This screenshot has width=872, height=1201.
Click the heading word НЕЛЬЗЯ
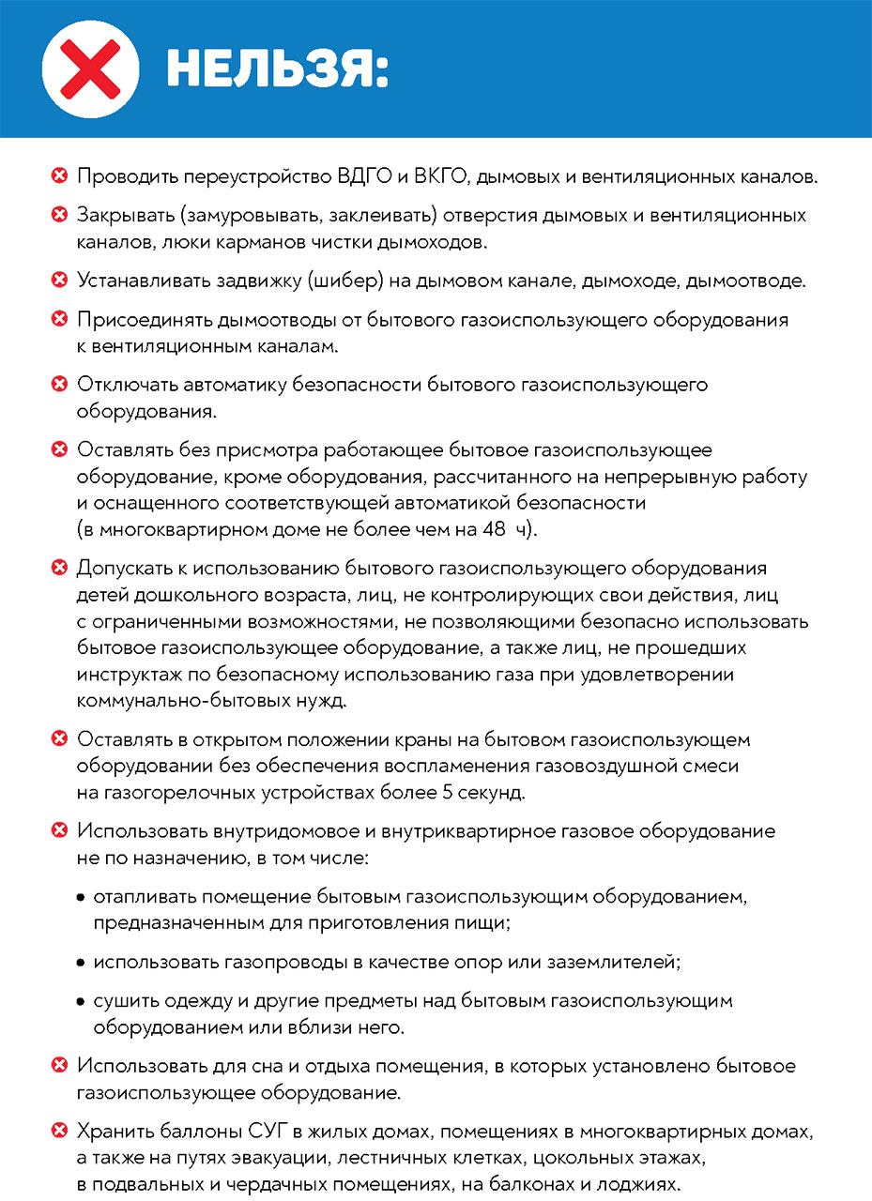pos(277,69)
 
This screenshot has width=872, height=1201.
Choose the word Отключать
pos(125,385)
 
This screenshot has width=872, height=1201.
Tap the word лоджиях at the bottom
pos(643,1182)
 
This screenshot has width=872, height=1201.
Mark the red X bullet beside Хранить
pos(59,1131)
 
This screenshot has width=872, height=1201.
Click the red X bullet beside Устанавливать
pos(59,281)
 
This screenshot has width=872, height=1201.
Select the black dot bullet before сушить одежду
pos(81,1002)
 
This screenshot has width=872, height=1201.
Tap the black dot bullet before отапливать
pos(81,898)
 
